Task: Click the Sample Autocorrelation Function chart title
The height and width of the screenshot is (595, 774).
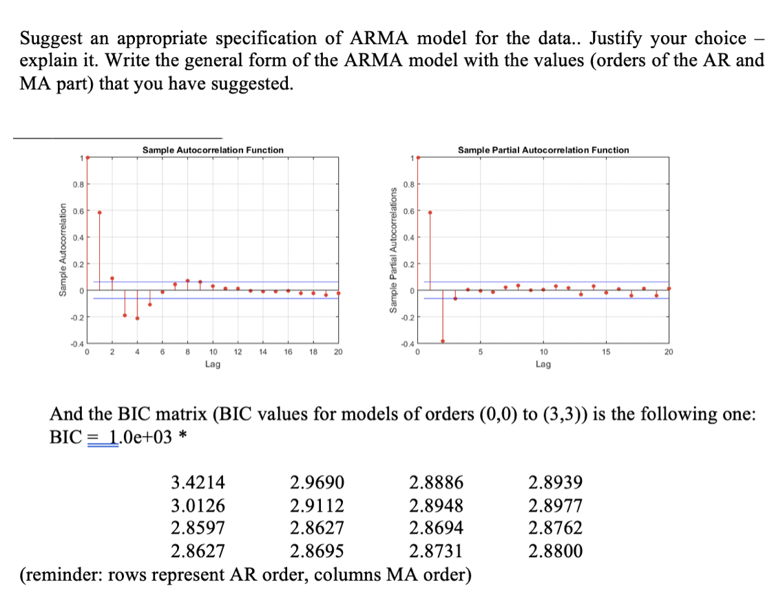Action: click(212, 149)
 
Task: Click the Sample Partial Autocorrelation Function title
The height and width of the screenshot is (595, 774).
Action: click(543, 149)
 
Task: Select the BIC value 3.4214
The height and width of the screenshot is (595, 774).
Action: click(197, 481)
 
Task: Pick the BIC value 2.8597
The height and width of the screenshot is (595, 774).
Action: click(197, 528)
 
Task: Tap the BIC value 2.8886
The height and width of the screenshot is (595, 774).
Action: click(436, 481)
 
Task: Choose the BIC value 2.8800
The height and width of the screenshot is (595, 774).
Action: click(555, 551)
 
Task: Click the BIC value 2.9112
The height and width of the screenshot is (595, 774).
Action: click(317, 505)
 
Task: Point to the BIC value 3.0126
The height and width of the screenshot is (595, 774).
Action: click(197, 505)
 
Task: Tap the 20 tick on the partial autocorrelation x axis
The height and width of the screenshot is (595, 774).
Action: click(668, 352)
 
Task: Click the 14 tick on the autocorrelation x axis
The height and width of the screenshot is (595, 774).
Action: click(262, 352)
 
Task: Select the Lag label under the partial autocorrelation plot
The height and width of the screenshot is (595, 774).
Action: click(543, 364)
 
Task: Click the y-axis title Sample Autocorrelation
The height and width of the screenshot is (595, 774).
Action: click(63, 249)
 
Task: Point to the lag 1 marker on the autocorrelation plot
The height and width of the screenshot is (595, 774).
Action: click(99, 212)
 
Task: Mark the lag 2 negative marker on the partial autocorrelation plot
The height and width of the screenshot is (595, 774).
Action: click(442, 341)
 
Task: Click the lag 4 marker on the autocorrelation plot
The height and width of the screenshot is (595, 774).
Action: click(137, 318)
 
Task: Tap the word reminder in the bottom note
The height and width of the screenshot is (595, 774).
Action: click(60, 574)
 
